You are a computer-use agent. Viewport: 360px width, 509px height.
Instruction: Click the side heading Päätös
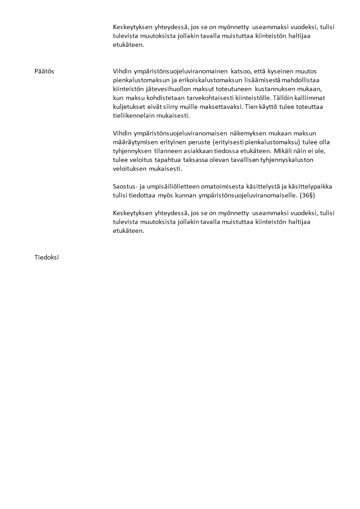pos(44,71)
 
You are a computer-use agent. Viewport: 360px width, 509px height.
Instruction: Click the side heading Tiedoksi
pos(47,258)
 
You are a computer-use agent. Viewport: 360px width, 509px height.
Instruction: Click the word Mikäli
pos(285,151)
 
